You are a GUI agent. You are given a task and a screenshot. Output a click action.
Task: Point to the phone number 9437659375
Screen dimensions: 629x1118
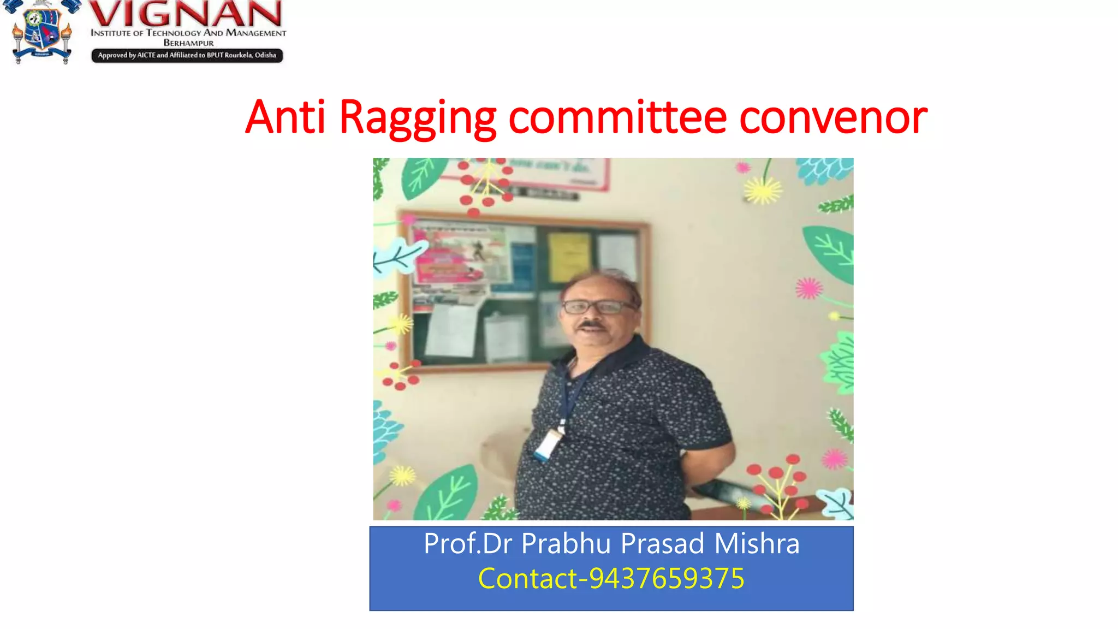667,579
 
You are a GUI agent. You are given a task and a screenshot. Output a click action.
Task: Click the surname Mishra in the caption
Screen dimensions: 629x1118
757,544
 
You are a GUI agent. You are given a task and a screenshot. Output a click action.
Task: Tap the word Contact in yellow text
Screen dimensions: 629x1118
527,579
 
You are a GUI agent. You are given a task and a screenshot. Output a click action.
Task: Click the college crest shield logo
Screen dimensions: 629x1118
41,32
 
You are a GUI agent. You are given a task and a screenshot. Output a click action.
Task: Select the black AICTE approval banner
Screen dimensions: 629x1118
187,55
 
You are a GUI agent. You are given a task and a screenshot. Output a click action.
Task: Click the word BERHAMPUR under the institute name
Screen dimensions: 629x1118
188,43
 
